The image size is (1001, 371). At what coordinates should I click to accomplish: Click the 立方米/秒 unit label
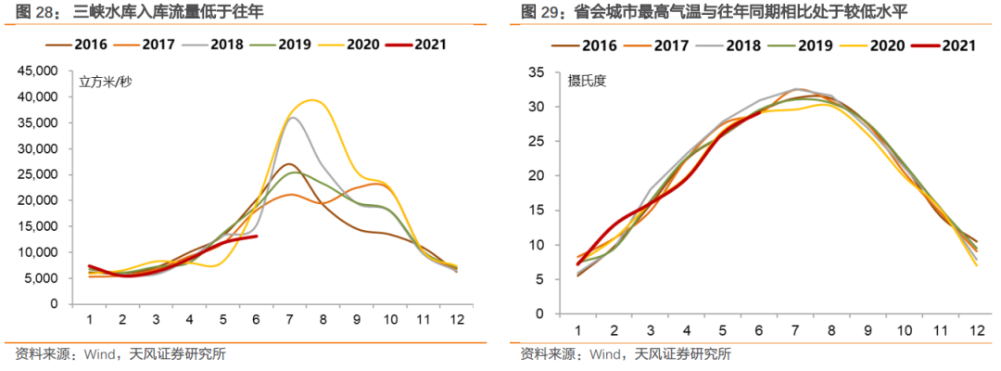pyautogui.click(x=105, y=82)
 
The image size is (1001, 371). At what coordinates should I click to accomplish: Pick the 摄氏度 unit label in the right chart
pyautogui.click(x=587, y=82)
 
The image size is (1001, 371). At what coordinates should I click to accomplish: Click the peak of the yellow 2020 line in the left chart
pyautogui.click(x=314, y=100)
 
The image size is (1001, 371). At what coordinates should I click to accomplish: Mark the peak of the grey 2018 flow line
pyautogui.click(x=293, y=118)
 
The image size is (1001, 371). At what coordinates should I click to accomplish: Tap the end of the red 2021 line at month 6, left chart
pyautogui.click(x=256, y=237)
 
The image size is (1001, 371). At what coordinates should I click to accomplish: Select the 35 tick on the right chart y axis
pyautogui.click(x=546, y=71)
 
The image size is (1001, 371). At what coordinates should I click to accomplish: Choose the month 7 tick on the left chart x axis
pyautogui.click(x=290, y=319)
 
